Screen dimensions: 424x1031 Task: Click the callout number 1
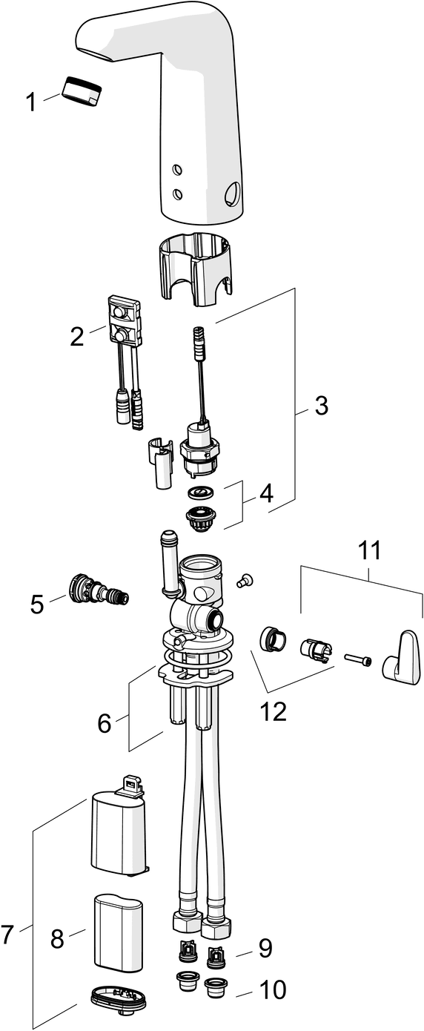(31, 102)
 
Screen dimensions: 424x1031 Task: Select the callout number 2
(77, 337)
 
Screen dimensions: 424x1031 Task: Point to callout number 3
(321, 406)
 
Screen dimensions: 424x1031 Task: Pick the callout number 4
(266, 494)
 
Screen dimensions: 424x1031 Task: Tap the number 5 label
(37, 605)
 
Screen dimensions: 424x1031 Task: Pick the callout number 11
(370, 550)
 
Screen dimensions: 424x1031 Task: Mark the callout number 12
(274, 711)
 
